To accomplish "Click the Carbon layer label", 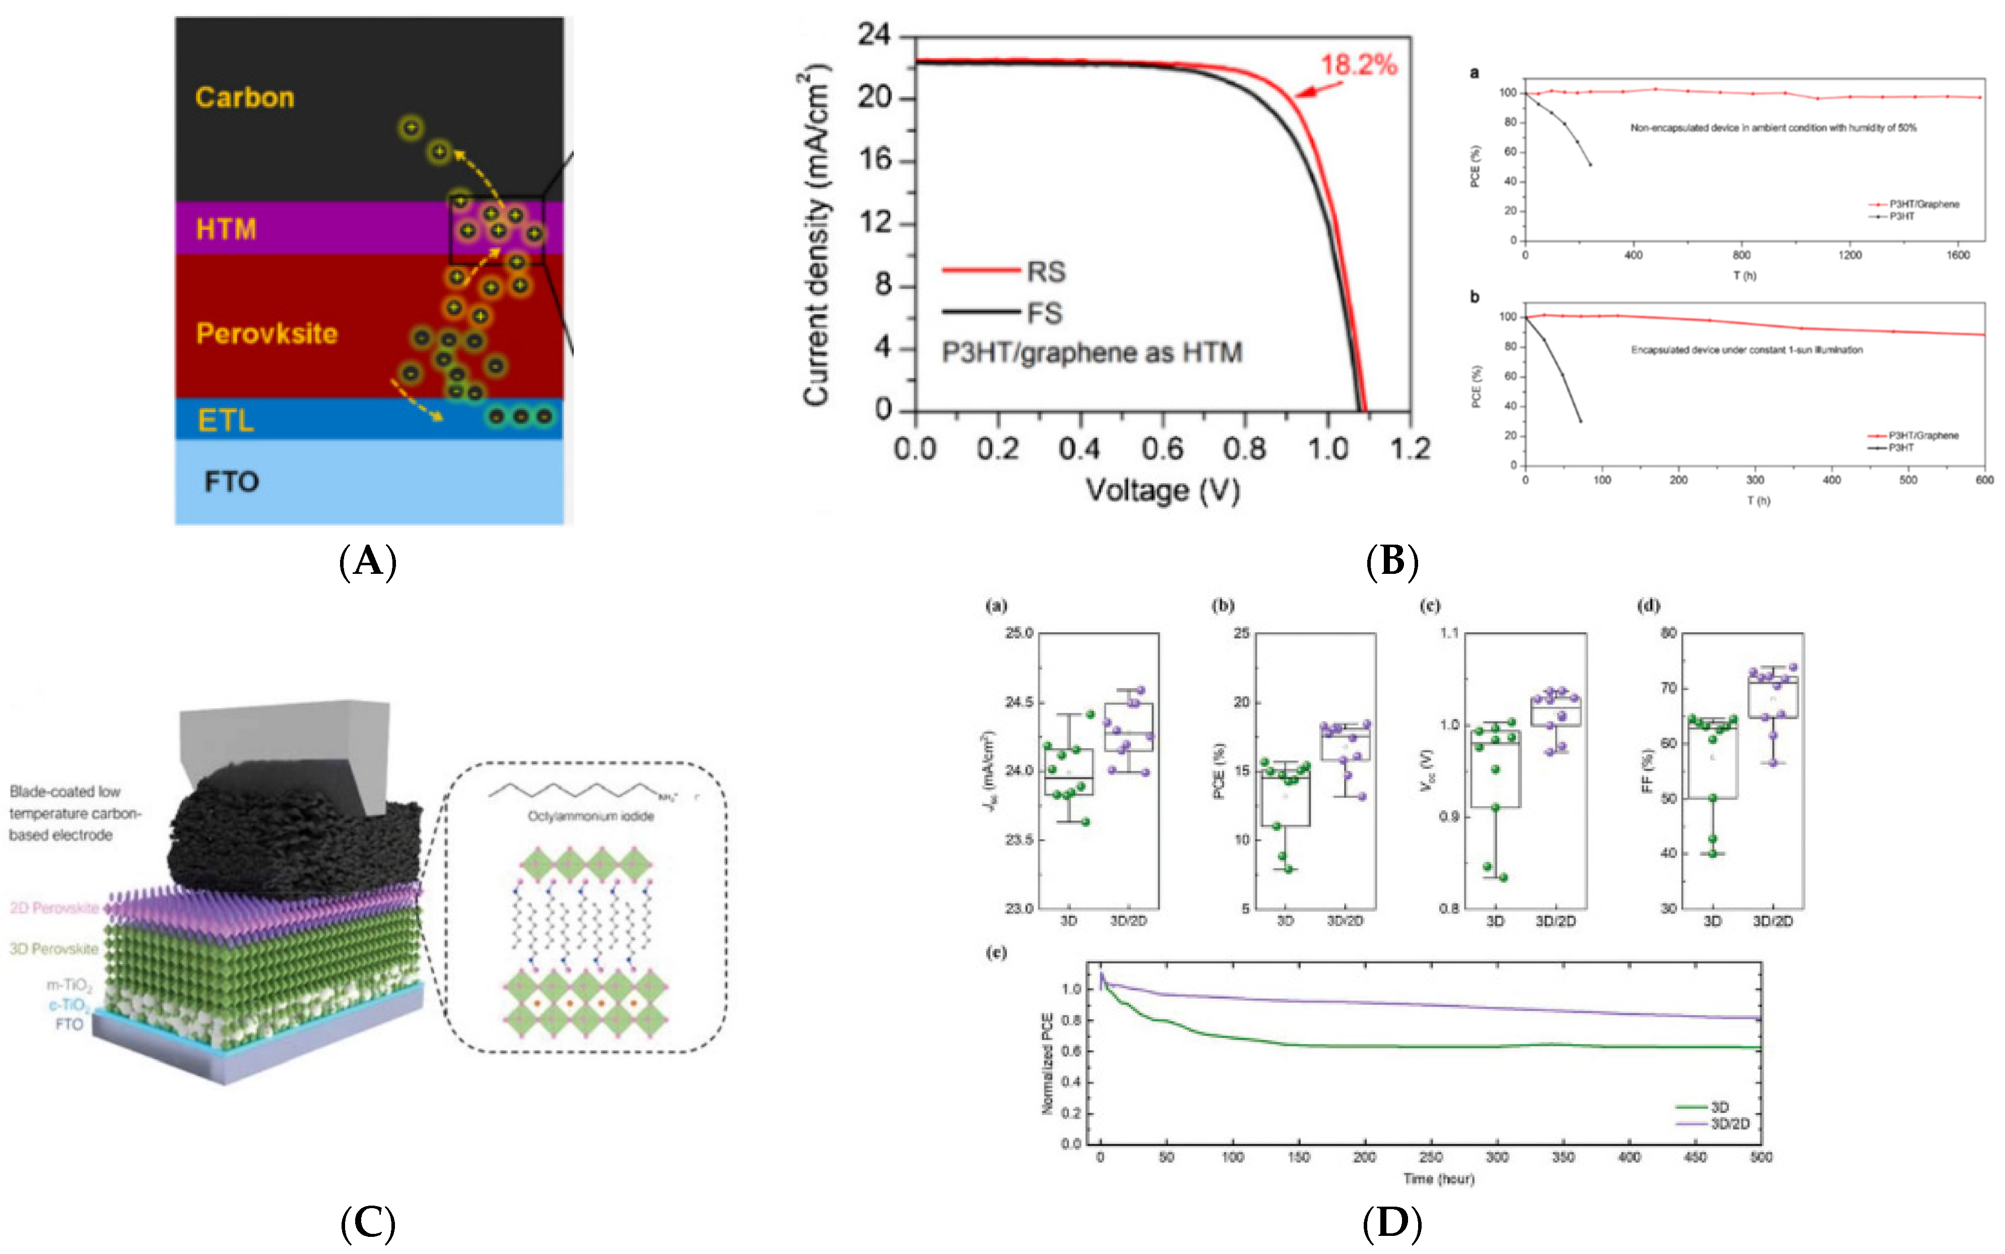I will coord(245,98).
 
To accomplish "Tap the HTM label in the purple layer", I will coord(226,229).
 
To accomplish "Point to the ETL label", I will coord(226,421).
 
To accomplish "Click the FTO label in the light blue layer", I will coord(231,482).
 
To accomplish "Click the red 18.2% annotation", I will coord(1358,64).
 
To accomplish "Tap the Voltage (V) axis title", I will coord(1163,490).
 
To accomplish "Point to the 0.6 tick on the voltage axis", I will coord(1162,449).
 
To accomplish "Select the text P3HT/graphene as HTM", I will coord(1091,353).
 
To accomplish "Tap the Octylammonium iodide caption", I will coord(590,816).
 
